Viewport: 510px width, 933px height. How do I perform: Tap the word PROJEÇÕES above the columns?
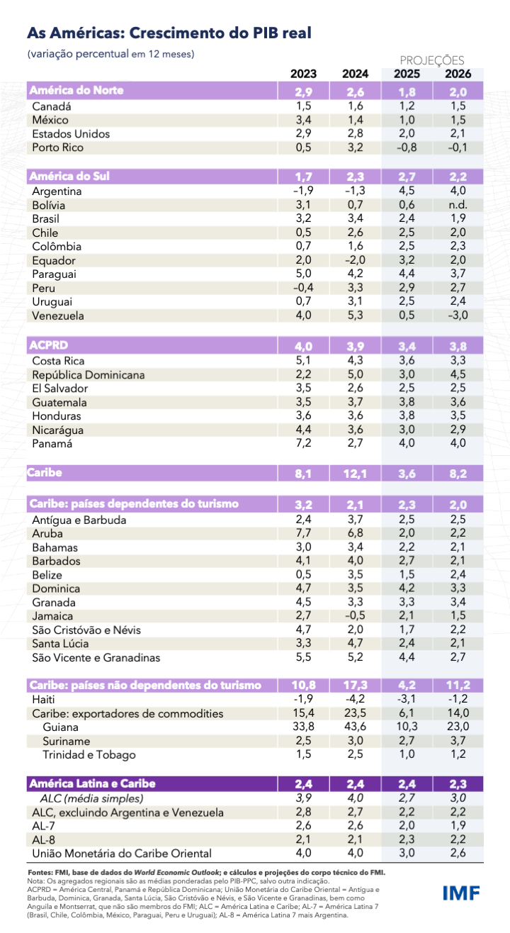click(432, 61)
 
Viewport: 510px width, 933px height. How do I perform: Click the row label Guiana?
click(61, 727)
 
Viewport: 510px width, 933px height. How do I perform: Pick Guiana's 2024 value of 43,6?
click(355, 727)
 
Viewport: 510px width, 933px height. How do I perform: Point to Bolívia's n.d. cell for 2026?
click(457, 205)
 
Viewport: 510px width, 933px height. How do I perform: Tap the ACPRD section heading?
click(47, 345)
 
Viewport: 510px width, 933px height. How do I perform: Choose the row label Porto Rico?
click(57, 147)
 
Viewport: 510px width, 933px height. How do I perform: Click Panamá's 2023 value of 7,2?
click(304, 444)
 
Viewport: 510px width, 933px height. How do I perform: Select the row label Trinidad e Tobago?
click(89, 754)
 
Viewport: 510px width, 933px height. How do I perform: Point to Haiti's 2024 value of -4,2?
click(355, 699)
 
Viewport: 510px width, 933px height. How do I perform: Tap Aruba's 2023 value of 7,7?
click(304, 533)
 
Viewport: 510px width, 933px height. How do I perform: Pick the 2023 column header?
click(304, 74)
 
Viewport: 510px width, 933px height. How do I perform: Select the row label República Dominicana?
click(89, 374)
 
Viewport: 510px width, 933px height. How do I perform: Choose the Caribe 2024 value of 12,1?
click(355, 473)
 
